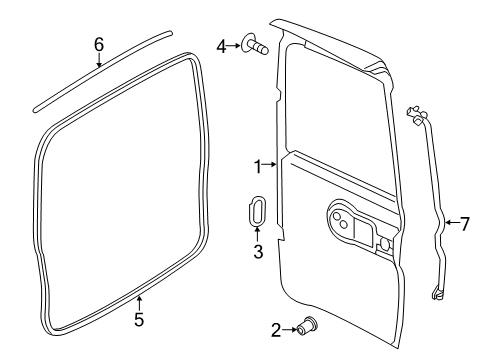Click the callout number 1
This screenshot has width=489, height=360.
(x=257, y=165)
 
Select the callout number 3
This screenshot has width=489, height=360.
(x=257, y=253)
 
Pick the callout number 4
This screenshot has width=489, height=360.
(x=222, y=45)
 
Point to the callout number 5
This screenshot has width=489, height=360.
(x=139, y=320)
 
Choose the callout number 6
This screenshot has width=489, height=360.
(x=99, y=44)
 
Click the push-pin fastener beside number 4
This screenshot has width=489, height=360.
(x=256, y=45)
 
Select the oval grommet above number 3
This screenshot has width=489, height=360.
(x=256, y=214)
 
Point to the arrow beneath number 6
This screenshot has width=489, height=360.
(x=99, y=62)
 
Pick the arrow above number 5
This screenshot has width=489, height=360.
(x=139, y=302)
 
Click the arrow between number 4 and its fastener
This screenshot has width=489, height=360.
(x=236, y=45)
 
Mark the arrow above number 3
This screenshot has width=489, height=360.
(x=257, y=236)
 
